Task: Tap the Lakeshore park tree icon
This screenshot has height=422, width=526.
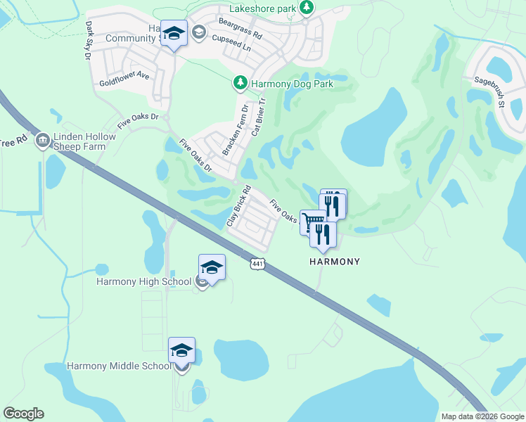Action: click(x=306, y=7)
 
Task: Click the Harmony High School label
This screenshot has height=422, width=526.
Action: click(x=143, y=282)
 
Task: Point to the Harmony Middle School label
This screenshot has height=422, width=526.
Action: click(x=119, y=366)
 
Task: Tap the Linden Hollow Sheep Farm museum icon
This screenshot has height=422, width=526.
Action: click(x=42, y=141)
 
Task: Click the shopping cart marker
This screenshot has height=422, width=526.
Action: click(x=312, y=222)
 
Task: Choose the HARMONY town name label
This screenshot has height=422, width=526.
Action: click(x=335, y=262)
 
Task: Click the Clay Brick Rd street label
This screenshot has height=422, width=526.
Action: click(x=239, y=205)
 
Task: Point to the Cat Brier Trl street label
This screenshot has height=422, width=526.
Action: click(x=259, y=117)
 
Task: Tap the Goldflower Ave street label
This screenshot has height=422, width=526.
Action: click(x=124, y=75)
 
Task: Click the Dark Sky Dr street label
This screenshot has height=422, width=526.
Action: click(x=89, y=40)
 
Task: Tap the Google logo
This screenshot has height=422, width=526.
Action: click(x=23, y=414)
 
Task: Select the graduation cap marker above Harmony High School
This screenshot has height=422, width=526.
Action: click(x=212, y=267)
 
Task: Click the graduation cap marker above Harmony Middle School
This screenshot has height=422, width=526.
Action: click(x=181, y=350)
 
